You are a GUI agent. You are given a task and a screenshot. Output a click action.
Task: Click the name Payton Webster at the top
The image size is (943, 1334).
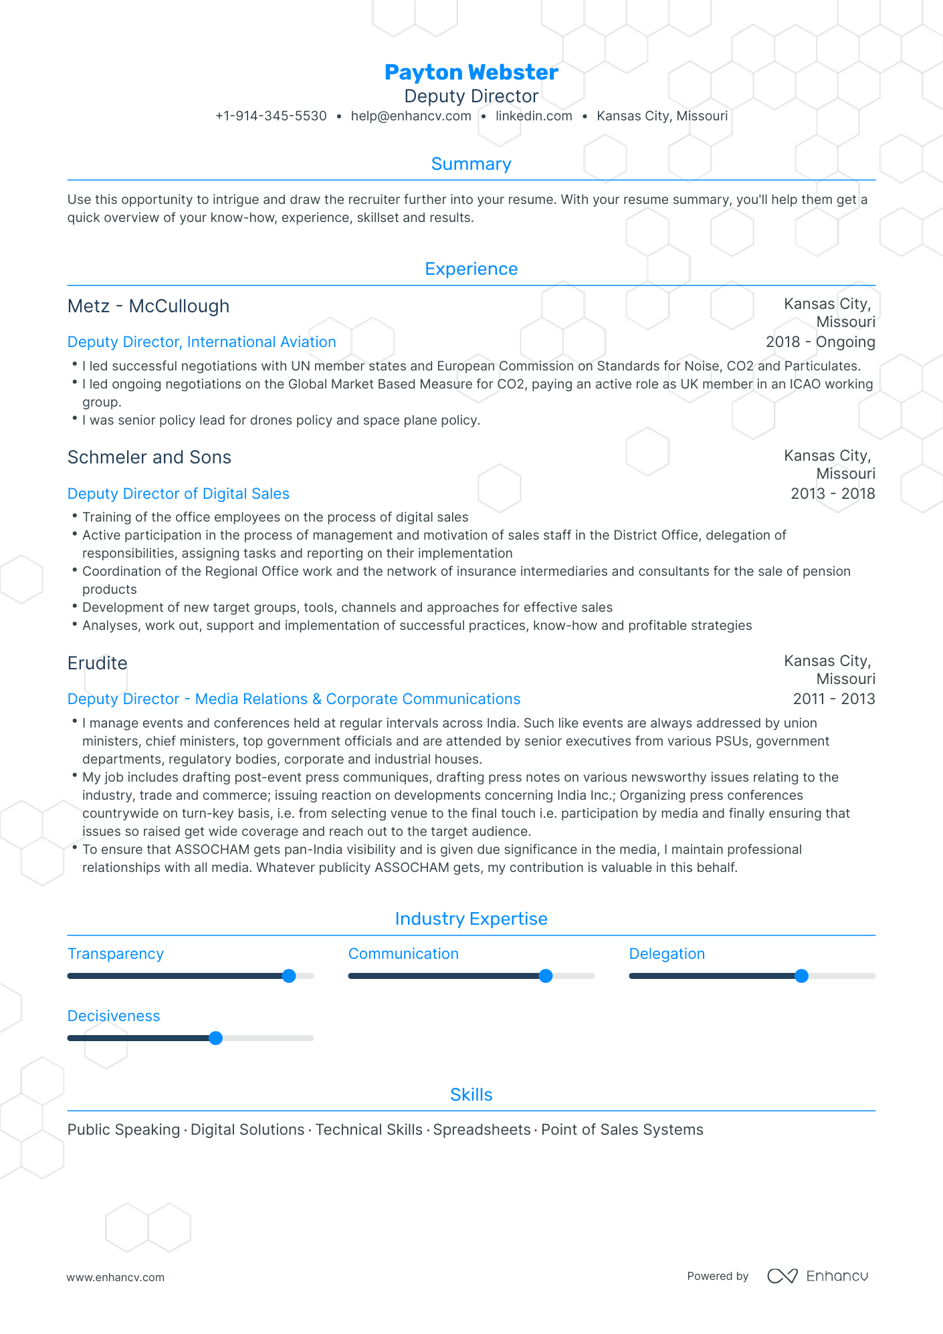[x=471, y=72]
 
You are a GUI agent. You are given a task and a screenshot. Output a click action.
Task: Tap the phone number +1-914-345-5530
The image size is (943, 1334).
[x=271, y=116]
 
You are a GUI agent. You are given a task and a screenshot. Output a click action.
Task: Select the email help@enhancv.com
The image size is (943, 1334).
[x=411, y=116]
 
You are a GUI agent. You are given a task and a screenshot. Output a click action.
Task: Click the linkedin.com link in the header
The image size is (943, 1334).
[x=534, y=116]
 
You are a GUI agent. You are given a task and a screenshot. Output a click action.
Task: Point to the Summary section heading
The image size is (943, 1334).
[x=471, y=164]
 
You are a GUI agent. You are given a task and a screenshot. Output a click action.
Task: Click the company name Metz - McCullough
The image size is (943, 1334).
[x=148, y=306]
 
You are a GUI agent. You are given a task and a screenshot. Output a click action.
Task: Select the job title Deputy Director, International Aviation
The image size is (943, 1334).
[x=201, y=342]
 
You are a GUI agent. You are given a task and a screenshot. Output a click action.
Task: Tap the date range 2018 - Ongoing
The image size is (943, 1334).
[x=820, y=342]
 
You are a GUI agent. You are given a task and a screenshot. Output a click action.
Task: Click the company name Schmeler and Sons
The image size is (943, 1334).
[x=149, y=457]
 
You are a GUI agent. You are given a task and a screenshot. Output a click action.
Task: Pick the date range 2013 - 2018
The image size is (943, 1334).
[x=833, y=493]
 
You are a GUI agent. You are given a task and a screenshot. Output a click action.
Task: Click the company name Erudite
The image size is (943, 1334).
[x=98, y=663]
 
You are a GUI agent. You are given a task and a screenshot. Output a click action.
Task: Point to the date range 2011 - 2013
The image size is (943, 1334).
[x=833, y=699]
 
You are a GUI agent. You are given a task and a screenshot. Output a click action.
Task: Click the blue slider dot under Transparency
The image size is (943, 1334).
[x=289, y=976]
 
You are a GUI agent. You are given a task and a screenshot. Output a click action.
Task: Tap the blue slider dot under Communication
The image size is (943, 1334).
[x=546, y=976]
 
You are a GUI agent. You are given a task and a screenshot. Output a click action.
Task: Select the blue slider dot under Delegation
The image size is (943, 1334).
[x=801, y=976]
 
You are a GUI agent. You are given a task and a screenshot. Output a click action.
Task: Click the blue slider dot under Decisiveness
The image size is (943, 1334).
[x=215, y=1038]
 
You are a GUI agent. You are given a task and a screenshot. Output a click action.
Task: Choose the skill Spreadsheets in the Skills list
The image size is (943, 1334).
[x=482, y=1129]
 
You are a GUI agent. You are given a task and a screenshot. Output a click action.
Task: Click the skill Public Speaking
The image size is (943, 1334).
[x=124, y=1129]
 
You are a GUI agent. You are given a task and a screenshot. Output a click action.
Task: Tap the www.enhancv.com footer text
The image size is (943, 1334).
[x=115, y=1277]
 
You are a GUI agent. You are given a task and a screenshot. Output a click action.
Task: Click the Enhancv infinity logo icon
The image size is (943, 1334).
[x=782, y=1276]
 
